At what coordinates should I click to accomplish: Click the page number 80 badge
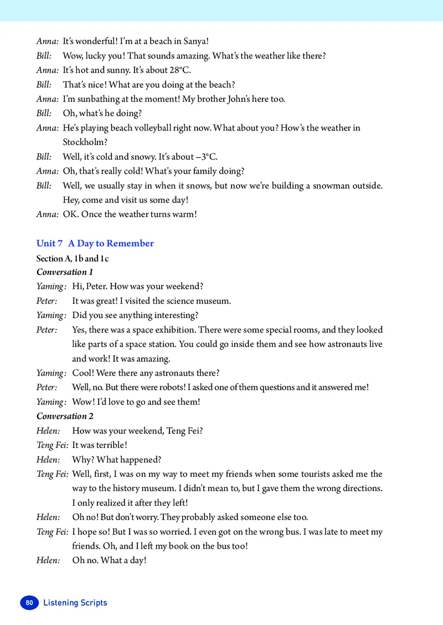[30, 602]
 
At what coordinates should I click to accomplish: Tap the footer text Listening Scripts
[75, 602]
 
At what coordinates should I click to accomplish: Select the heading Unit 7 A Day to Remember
[95, 243]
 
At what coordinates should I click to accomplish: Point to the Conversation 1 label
[65, 272]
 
